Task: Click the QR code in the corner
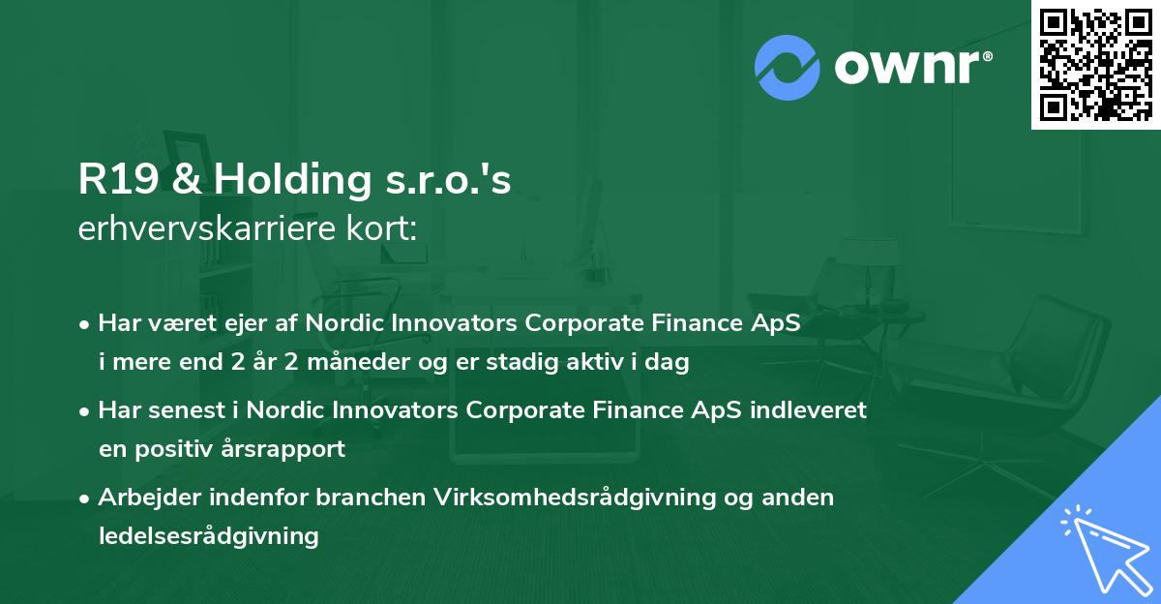pyautogui.click(x=1096, y=64)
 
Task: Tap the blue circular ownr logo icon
pyautogui.click(x=788, y=67)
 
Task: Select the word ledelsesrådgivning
pyautogui.click(x=208, y=535)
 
